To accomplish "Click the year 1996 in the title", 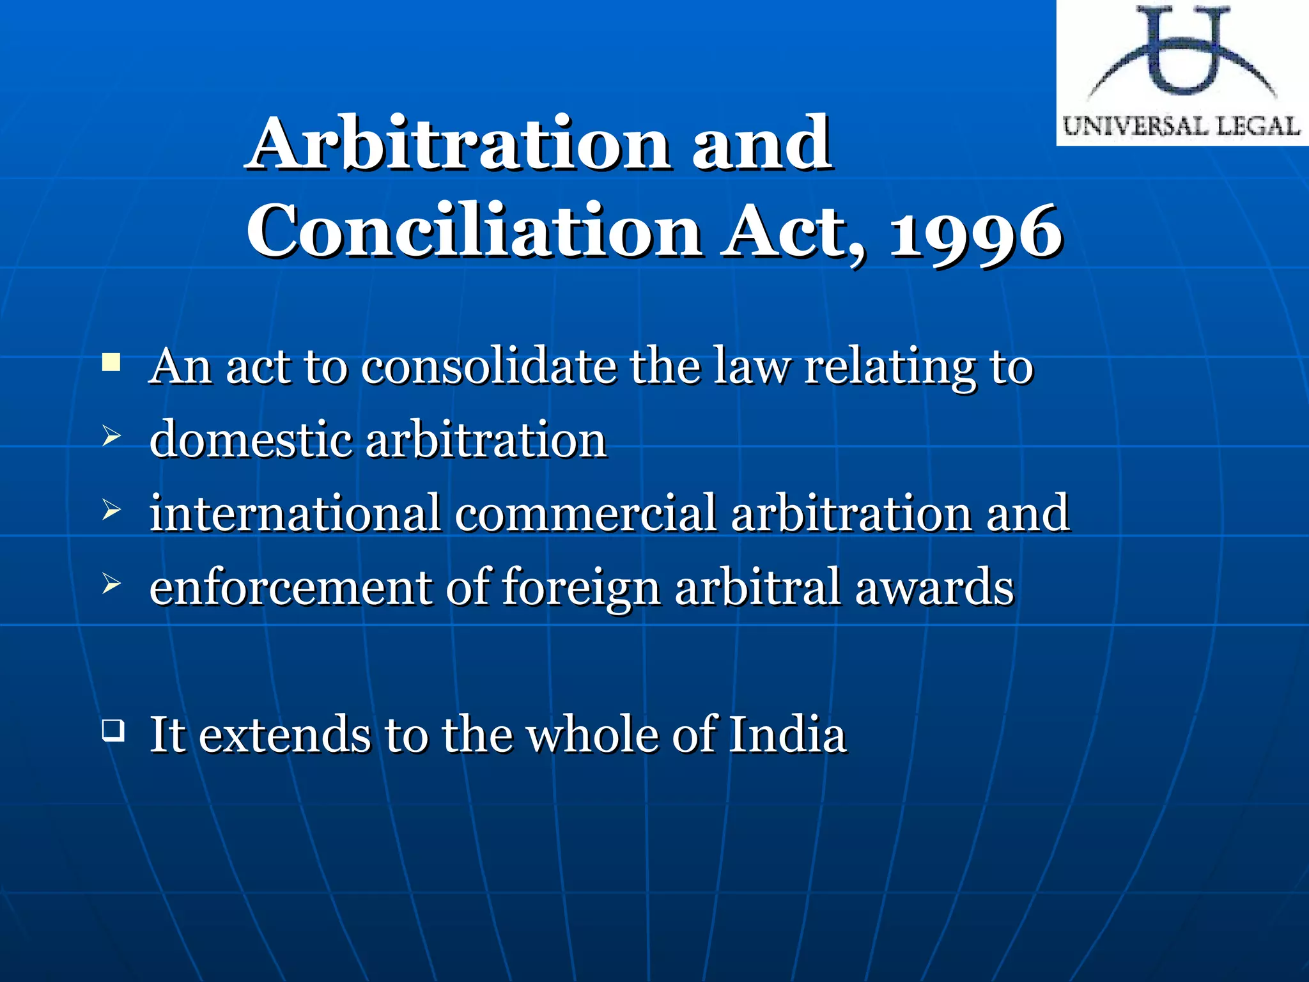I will point(976,231).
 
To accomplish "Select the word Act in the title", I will point(793,231).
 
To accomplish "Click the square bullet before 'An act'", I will point(111,363).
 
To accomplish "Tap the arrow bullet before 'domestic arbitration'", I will point(111,437).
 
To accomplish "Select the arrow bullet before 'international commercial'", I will point(111,510).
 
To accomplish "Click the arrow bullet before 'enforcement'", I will point(111,583).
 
